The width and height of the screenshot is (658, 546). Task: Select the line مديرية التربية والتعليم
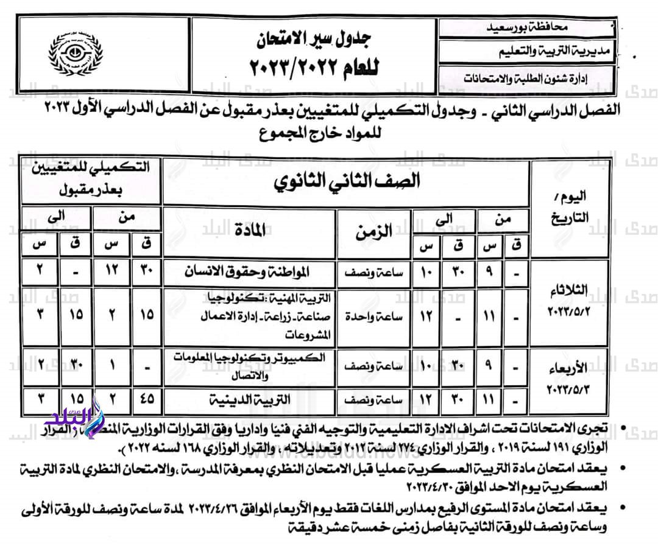coord(528,53)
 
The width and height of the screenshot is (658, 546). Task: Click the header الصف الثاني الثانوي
coord(346,181)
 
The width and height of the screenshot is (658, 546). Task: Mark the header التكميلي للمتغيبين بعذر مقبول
coord(91,180)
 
